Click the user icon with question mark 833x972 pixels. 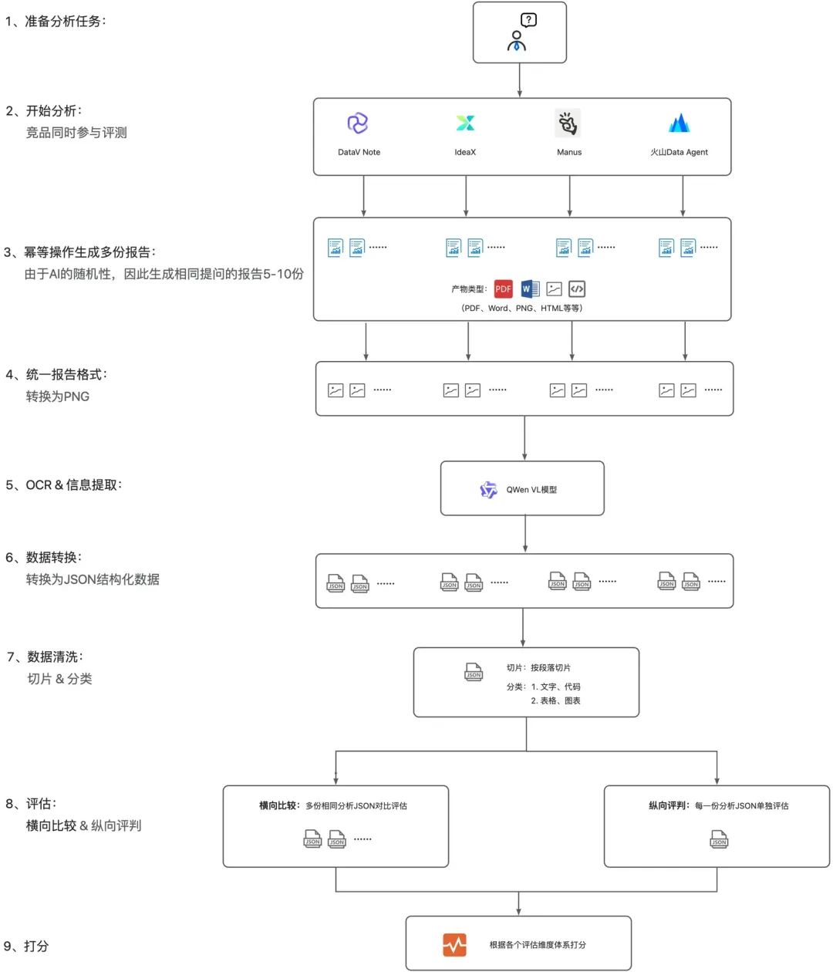tap(520, 32)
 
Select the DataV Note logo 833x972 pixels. tap(358, 123)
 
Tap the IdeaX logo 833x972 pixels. tap(465, 123)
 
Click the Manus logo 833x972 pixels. tap(568, 123)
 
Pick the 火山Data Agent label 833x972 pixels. tap(679, 152)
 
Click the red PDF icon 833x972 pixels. tap(504, 289)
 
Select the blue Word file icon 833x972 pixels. tap(530, 289)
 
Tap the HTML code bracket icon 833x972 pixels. tap(577, 289)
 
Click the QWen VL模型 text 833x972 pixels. tap(531, 490)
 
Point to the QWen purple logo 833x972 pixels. tap(488, 490)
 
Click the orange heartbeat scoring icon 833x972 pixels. tap(454, 944)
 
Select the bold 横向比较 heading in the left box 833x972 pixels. tap(278, 805)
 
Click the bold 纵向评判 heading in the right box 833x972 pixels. tap(668, 805)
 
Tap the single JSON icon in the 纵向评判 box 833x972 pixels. tap(719, 839)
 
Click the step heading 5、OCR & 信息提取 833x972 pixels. tap(63, 485)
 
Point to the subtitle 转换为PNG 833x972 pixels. tap(58, 397)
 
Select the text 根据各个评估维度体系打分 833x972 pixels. tap(538, 944)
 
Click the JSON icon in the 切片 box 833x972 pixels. tap(474, 672)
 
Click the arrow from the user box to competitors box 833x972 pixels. tap(520, 80)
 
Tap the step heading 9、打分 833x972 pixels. tap(27, 946)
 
